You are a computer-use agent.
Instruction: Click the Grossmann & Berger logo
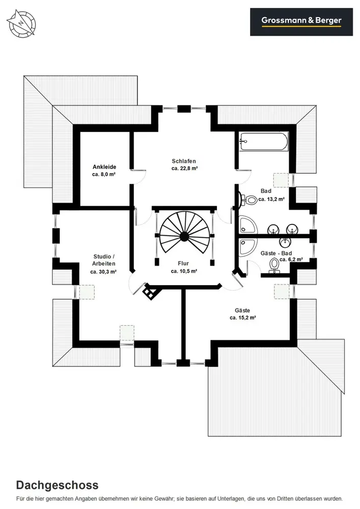pos(301,21)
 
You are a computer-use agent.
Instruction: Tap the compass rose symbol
pos(22,24)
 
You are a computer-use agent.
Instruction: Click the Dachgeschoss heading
pos(57,485)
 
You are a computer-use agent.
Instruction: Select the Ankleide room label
pos(104,166)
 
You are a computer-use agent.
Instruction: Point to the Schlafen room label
pos(184,161)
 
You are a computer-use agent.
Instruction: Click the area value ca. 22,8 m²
pos(184,168)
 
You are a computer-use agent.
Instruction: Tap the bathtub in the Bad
pos(264,141)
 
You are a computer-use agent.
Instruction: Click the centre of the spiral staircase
pos(183,236)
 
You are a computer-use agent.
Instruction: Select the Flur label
pos(183,263)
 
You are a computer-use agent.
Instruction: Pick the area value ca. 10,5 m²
pos(184,271)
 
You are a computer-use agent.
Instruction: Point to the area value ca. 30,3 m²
pos(104,272)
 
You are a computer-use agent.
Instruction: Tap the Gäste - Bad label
pos(275,252)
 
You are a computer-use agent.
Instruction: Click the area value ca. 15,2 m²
pos(242,317)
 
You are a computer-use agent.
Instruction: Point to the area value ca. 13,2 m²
pos(271,199)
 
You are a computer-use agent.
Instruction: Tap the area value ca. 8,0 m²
pos(104,174)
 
